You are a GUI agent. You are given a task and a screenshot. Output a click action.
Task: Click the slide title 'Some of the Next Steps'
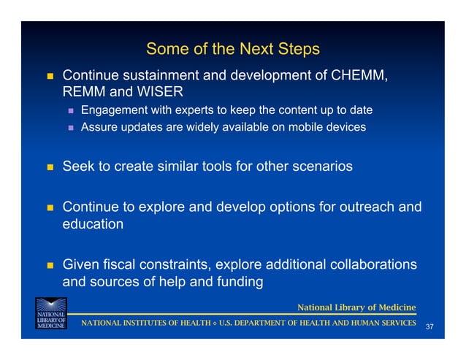232,49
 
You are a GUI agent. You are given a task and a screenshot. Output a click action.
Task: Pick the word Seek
77,166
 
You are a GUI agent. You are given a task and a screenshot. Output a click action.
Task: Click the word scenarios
318,166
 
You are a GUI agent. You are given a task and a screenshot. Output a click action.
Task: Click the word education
93,224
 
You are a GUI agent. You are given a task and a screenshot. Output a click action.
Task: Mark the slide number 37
429,326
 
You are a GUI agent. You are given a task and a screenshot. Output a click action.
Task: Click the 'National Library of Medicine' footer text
356,307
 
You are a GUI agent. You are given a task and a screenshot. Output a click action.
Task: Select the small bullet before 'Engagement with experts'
71,111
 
